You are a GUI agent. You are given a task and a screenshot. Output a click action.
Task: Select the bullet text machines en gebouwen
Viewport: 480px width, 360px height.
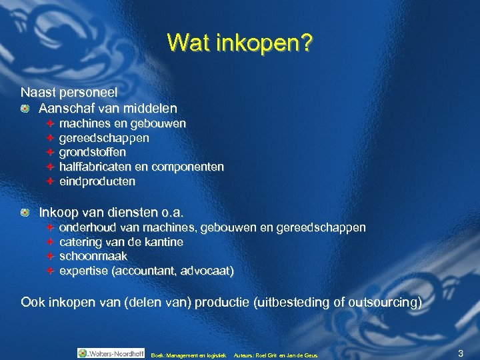123,123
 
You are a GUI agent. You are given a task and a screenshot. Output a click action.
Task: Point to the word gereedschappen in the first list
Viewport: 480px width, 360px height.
104,138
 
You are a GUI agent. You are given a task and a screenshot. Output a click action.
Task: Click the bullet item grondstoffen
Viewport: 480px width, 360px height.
93,153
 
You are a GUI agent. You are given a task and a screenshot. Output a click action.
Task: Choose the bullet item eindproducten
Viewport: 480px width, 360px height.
97,181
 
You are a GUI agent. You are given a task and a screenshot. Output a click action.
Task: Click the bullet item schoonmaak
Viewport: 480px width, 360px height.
93,257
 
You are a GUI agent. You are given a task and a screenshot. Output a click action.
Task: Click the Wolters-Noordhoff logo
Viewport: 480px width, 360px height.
110,353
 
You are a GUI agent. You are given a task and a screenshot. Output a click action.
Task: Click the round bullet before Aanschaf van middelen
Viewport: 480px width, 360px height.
25,107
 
